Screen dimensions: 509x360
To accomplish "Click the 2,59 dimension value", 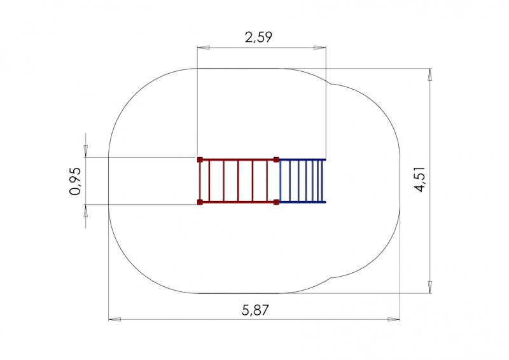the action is (x=258, y=38).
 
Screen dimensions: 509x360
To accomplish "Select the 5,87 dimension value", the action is (x=256, y=310).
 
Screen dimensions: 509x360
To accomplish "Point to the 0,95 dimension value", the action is (x=75, y=181).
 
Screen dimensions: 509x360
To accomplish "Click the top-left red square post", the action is (x=200, y=160).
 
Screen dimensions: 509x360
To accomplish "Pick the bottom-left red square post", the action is (x=200, y=202).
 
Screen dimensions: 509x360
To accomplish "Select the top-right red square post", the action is (x=276, y=160).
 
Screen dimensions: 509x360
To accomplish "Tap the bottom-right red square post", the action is (x=276, y=202).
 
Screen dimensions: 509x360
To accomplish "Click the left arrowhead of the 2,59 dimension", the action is (x=203, y=48).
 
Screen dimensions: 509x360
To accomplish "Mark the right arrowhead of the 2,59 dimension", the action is (x=320, y=48).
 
